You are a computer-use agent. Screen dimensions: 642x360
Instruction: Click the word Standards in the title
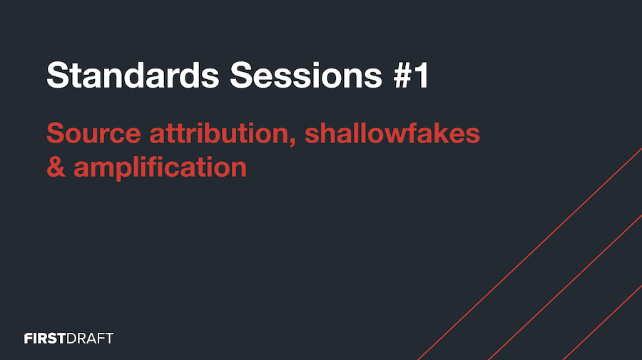tap(133, 75)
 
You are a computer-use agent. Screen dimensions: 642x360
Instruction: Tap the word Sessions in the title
tap(306, 75)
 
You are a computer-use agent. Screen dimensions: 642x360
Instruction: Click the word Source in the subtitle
tap(93, 133)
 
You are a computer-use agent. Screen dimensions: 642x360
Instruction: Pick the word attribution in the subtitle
tap(223, 133)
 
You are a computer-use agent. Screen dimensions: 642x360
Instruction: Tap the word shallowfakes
tap(392, 133)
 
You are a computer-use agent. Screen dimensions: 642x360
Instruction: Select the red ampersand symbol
tap(56, 168)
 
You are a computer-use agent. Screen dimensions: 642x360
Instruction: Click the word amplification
tap(160, 168)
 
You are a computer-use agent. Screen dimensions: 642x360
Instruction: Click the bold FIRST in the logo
tap(45, 339)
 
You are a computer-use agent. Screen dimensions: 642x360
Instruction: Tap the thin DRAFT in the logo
tap(90, 339)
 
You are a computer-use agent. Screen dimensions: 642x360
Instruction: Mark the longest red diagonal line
tap(530, 254)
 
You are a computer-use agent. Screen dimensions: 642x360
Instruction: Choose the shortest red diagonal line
tap(603, 322)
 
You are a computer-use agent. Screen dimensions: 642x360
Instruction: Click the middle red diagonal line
tap(566, 287)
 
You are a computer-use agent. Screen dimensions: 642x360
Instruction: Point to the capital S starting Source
tap(56, 133)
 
